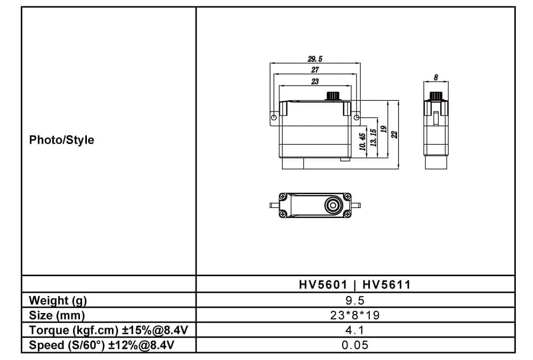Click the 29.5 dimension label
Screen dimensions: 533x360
[x=315, y=59]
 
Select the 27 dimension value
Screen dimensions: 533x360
[x=315, y=70]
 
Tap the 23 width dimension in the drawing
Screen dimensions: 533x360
[x=315, y=82]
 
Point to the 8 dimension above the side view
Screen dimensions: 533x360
[x=436, y=77]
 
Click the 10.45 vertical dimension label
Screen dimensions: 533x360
[x=362, y=142]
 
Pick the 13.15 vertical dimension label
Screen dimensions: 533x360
[x=373, y=138]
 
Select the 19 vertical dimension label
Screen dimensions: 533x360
[x=384, y=129]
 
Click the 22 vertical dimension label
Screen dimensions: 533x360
[x=394, y=135]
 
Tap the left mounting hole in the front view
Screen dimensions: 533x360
[x=274, y=118]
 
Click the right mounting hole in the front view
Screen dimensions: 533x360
[x=356, y=117]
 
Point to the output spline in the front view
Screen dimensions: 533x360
[x=333, y=96]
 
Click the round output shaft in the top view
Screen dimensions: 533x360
[x=333, y=205]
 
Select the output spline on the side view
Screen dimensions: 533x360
[x=436, y=96]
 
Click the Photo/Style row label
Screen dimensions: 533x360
[x=61, y=140]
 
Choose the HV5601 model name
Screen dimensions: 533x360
[x=324, y=284]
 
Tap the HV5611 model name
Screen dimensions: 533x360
[x=386, y=284]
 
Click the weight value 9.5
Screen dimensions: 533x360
[x=355, y=300]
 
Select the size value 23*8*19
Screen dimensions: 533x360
[x=355, y=315]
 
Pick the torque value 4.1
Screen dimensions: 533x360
[x=355, y=330]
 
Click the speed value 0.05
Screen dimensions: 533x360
[x=355, y=345]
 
